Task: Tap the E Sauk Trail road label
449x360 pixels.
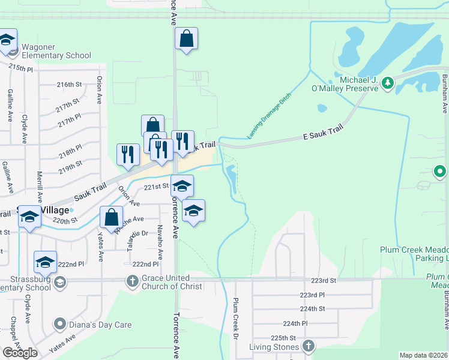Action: pos(322,138)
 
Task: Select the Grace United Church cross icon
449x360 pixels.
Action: pos(132,280)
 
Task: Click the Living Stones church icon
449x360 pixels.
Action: pos(308,346)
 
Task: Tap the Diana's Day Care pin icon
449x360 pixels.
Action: pos(59,325)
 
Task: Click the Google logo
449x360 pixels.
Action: pos(20,353)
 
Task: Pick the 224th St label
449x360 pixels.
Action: pos(312,308)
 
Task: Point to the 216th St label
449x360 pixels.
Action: pos(68,85)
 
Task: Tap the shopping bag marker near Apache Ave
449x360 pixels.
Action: pos(112,217)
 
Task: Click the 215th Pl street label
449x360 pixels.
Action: pos(21,68)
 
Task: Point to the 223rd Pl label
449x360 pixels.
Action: pos(312,295)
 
